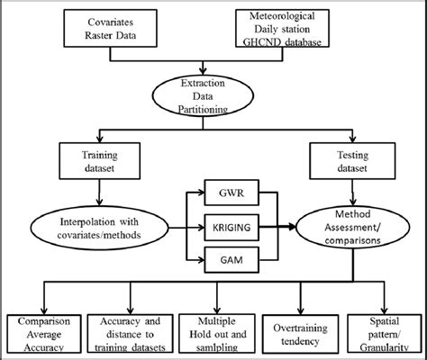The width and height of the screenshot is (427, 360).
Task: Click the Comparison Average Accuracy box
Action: (x=43, y=333)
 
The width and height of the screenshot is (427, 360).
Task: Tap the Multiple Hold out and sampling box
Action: (x=215, y=333)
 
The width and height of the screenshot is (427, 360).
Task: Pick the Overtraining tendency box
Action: (x=298, y=333)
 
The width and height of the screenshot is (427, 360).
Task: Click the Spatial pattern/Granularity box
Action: (x=379, y=333)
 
